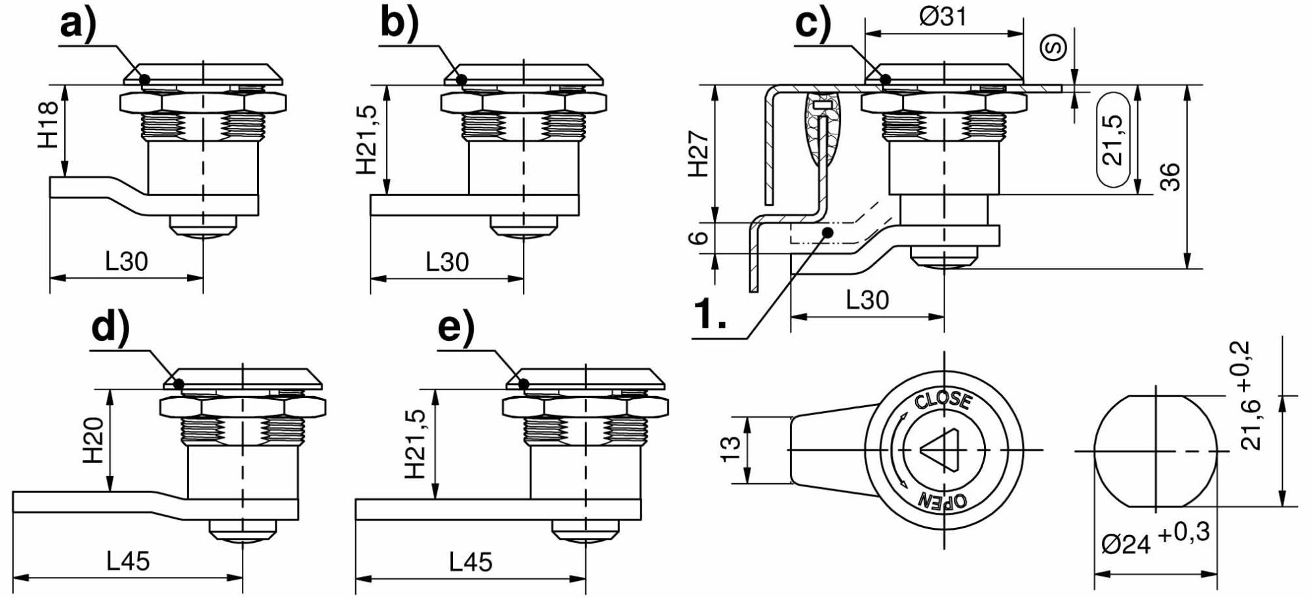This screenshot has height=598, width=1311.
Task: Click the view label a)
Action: (78, 24)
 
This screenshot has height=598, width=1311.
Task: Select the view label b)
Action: (399, 24)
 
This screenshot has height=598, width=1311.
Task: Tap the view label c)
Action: (813, 24)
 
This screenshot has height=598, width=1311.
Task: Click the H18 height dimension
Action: (49, 125)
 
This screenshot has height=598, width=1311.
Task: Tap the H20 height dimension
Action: (94, 440)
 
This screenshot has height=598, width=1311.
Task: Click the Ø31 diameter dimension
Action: (943, 16)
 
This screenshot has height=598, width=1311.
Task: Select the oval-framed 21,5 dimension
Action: (1114, 140)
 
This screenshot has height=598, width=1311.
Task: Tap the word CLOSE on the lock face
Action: (943, 400)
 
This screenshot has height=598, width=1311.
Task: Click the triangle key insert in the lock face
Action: (939, 450)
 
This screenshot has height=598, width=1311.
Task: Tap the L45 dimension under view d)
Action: (128, 561)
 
